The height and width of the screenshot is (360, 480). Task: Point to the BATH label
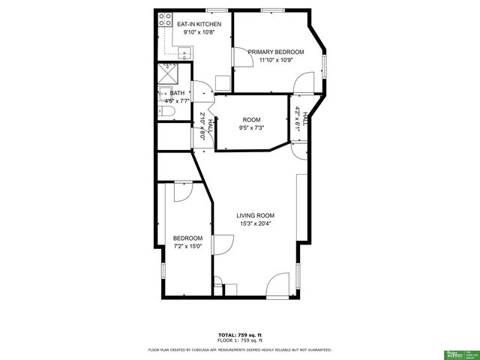click(177, 94)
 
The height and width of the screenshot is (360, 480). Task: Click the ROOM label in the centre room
click(251, 119)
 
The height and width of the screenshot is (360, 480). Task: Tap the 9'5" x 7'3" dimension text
click(251, 127)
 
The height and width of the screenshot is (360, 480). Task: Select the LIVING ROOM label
click(256, 215)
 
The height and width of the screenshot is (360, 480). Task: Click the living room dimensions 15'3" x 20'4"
click(256, 223)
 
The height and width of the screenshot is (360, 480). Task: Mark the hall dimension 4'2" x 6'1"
click(298, 119)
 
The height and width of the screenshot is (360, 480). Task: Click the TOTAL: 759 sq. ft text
click(239, 334)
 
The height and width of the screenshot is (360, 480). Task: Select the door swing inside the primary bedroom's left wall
click(241, 58)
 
